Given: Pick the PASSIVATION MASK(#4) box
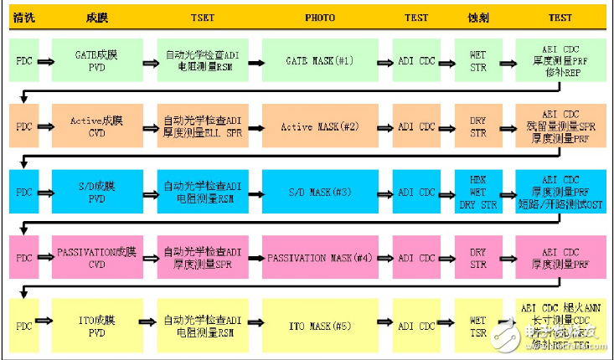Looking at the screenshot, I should click(x=318, y=259).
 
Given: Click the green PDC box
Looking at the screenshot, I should click(x=24, y=60).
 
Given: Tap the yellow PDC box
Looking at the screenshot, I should click(x=24, y=325).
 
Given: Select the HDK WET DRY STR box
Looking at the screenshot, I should click(x=477, y=193).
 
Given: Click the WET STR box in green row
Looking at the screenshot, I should click(x=477, y=60).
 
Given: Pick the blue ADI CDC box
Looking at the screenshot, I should click(x=416, y=193).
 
